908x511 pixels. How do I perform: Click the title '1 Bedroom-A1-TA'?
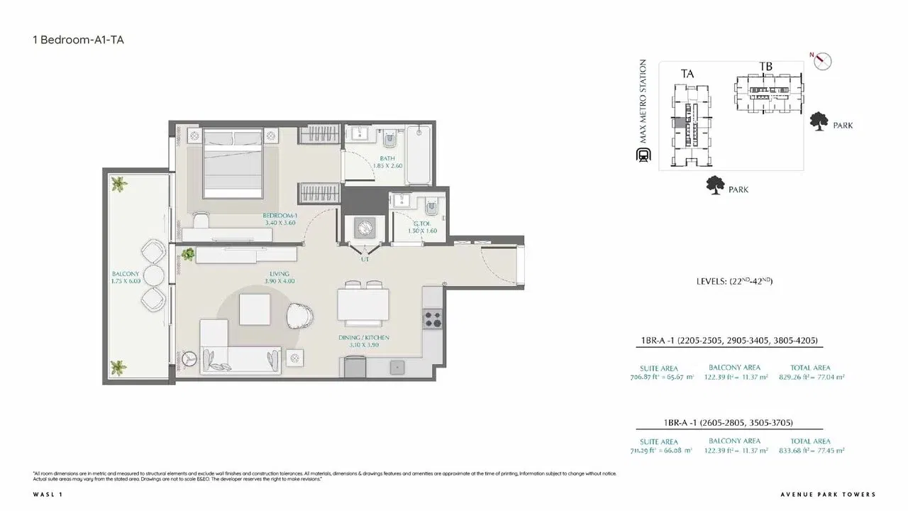(79, 40)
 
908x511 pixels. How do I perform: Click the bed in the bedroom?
(232, 165)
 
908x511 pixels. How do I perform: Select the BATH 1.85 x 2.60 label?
(387, 163)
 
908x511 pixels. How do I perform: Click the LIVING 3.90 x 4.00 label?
(279, 278)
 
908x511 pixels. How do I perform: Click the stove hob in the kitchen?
(431, 319)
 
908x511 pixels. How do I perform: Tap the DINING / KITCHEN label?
(369, 341)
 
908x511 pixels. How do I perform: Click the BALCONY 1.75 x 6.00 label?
(126, 278)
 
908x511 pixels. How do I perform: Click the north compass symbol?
(822, 61)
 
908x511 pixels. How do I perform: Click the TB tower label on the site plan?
(765, 67)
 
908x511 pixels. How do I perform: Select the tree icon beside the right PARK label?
(819, 121)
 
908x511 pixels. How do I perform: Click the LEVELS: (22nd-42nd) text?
(734, 282)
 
